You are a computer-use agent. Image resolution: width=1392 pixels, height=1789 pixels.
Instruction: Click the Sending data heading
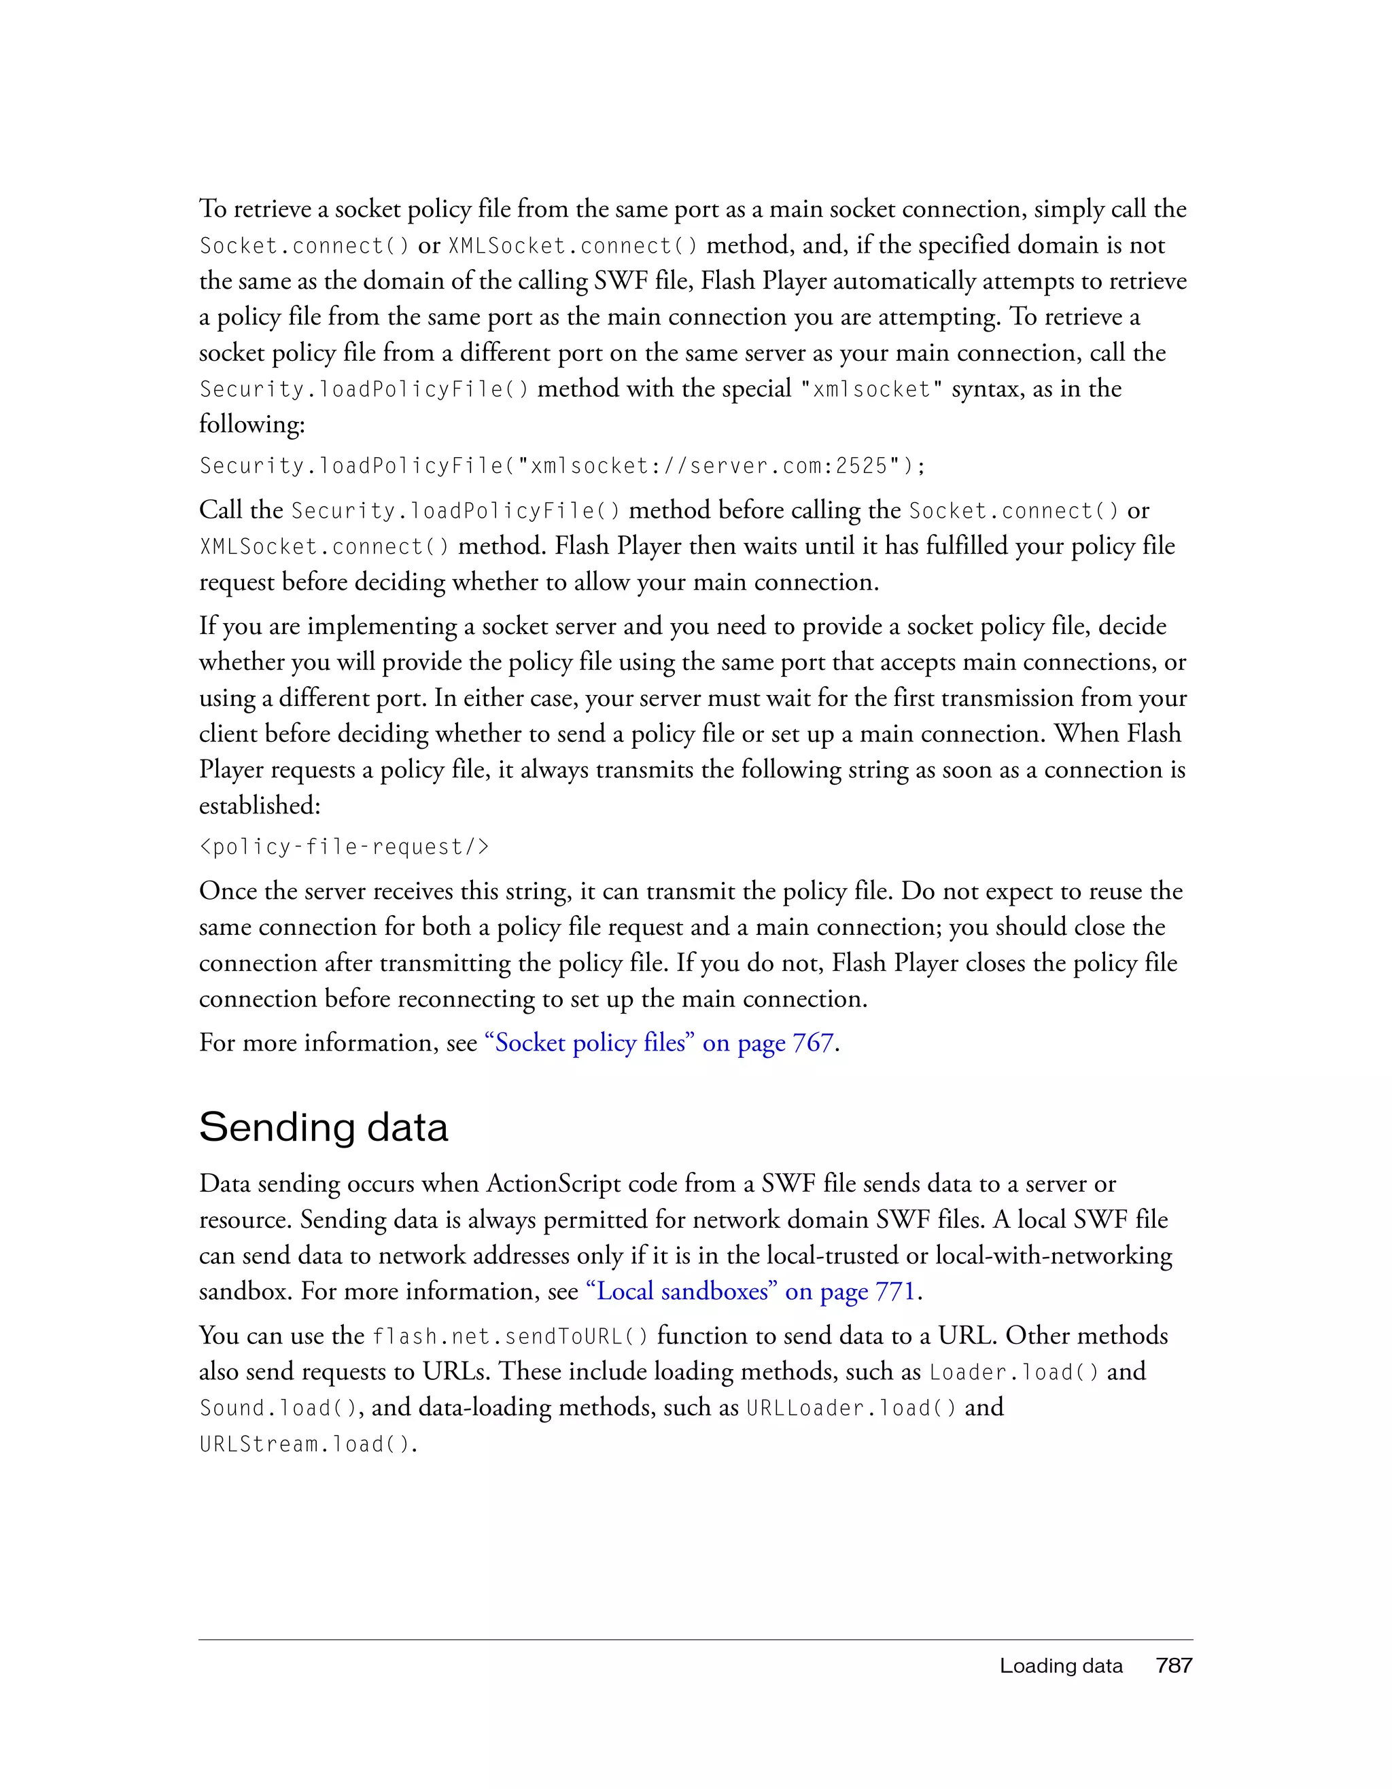(x=323, y=1127)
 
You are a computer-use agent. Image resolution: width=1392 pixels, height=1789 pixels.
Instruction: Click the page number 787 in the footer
(x=1173, y=1665)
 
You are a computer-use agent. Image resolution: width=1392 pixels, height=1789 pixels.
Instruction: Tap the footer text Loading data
(x=1060, y=1666)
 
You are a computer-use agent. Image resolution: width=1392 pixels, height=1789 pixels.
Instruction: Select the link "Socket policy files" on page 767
(x=659, y=1043)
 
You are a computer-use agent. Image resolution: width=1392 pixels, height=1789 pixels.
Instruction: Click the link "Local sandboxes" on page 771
(x=750, y=1292)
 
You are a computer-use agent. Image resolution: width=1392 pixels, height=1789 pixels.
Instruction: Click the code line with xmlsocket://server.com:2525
(x=562, y=466)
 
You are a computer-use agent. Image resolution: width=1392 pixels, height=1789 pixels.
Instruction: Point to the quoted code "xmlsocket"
(x=870, y=389)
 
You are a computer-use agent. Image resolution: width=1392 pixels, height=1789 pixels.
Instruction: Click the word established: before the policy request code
(x=260, y=805)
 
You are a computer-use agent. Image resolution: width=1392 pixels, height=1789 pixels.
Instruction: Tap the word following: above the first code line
(x=251, y=424)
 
